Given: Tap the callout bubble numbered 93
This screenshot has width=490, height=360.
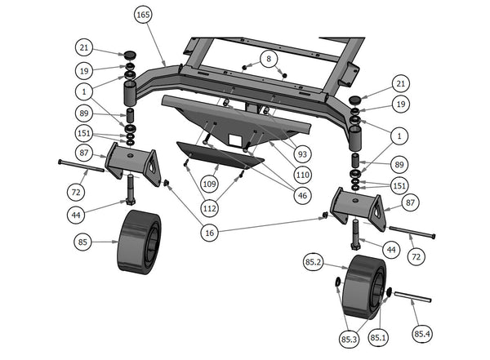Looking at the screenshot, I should pyautogui.click(x=303, y=153).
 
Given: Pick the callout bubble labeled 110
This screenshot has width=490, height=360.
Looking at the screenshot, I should pyautogui.click(x=303, y=173).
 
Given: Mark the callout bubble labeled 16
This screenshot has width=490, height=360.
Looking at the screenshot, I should pyautogui.click(x=211, y=233).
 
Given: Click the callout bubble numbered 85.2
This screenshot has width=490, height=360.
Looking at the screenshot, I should pyautogui.click(x=314, y=264).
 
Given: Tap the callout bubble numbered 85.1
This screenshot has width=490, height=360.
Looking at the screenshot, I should pyautogui.click(x=379, y=336).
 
